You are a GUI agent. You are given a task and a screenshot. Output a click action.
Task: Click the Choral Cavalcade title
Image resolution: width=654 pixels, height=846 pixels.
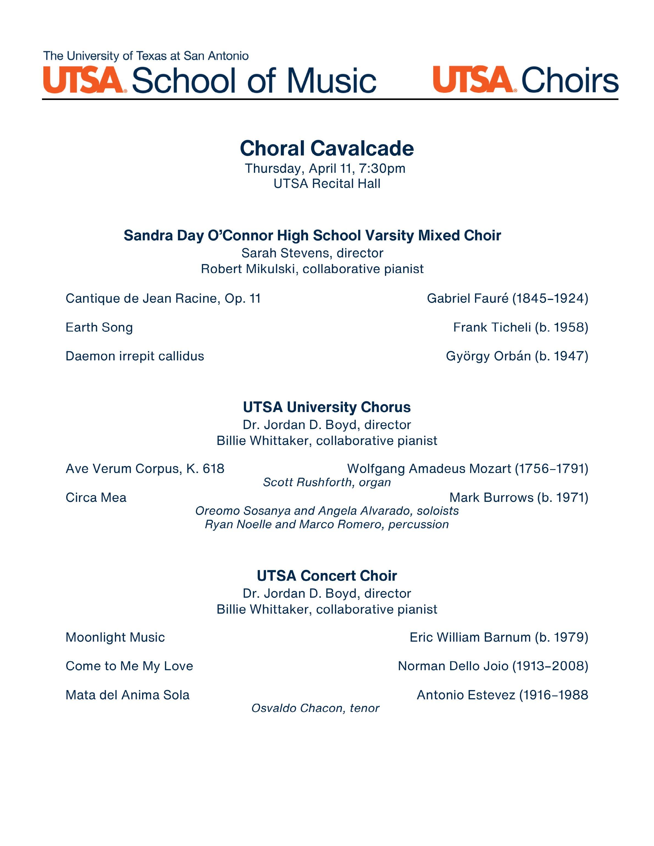(x=327, y=148)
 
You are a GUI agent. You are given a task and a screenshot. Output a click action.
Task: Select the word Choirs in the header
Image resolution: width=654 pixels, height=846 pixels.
(x=570, y=80)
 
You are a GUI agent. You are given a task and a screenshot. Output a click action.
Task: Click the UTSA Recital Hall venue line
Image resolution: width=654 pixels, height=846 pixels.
(x=327, y=183)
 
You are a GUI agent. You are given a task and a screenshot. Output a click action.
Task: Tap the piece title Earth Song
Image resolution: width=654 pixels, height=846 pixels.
(x=99, y=327)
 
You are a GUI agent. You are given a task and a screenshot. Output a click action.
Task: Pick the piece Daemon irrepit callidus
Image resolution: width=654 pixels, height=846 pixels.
(x=135, y=356)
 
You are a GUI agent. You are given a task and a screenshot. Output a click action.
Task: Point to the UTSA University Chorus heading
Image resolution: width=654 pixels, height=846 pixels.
(x=327, y=407)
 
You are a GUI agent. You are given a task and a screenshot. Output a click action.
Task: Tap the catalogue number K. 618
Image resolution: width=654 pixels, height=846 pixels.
(x=205, y=469)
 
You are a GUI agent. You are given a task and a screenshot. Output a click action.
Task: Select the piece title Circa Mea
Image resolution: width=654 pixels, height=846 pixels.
(x=96, y=497)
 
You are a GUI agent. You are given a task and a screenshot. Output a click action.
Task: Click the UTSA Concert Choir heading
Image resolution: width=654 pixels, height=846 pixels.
(x=327, y=576)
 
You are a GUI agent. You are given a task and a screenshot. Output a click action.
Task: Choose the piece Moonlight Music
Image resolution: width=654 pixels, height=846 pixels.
(x=115, y=637)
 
